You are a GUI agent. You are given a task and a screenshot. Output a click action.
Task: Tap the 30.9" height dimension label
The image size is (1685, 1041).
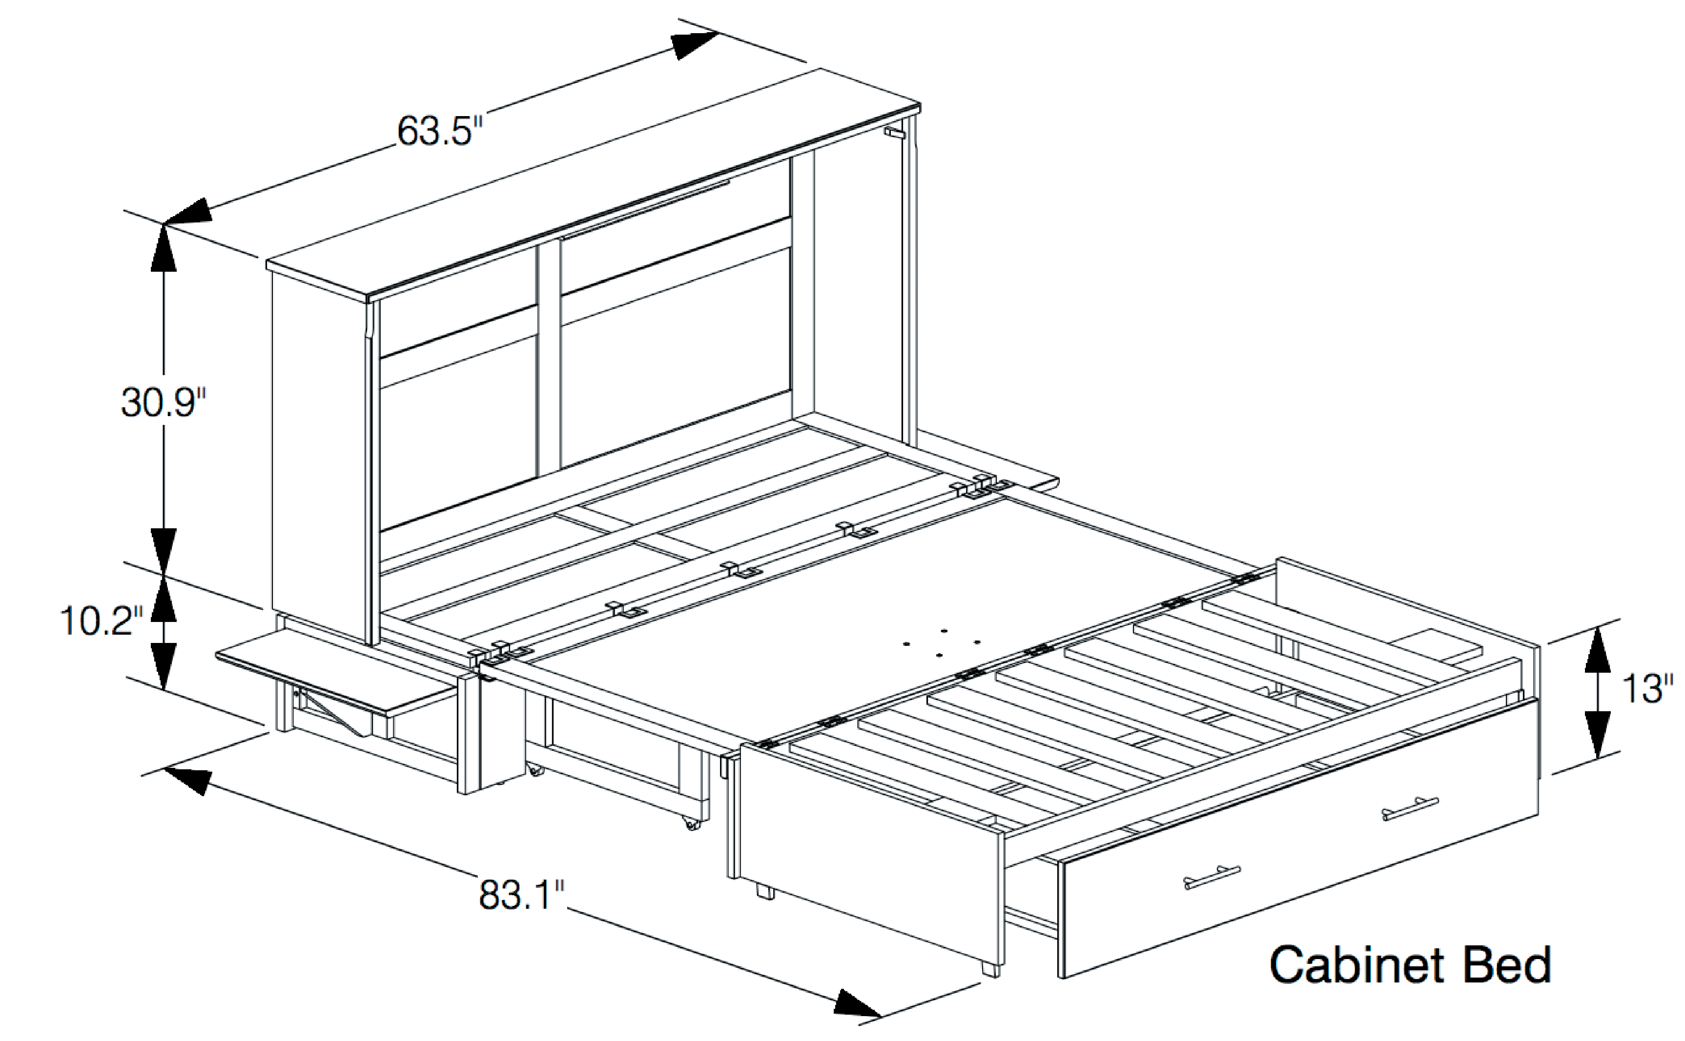point(163,403)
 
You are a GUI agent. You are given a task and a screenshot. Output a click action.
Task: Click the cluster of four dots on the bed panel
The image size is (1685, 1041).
point(942,643)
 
